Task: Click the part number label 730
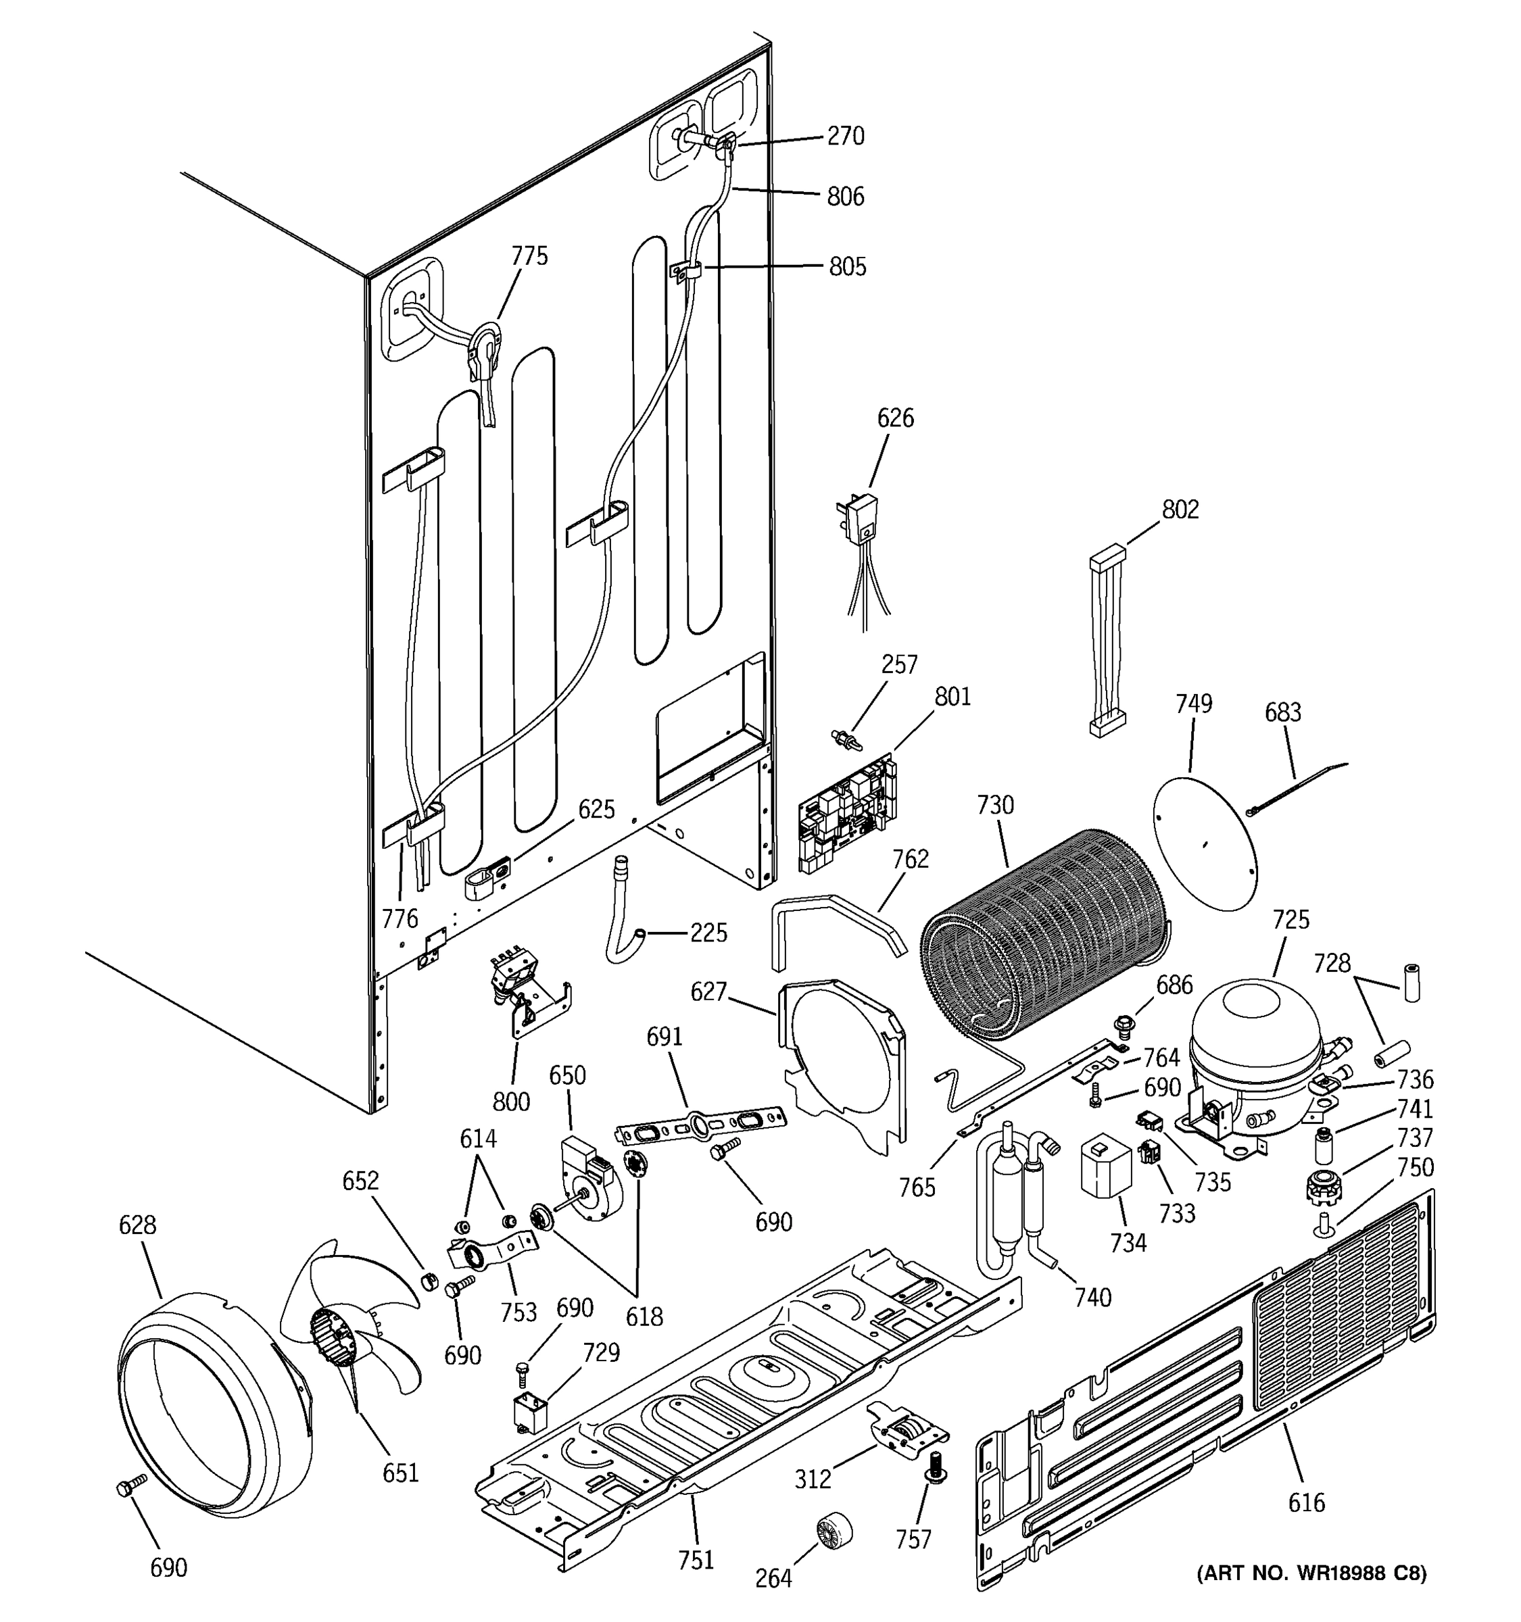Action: coord(994,806)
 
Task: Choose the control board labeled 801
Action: coord(846,812)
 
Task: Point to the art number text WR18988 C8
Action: coord(1311,1573)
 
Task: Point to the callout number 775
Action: coord(529,256)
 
